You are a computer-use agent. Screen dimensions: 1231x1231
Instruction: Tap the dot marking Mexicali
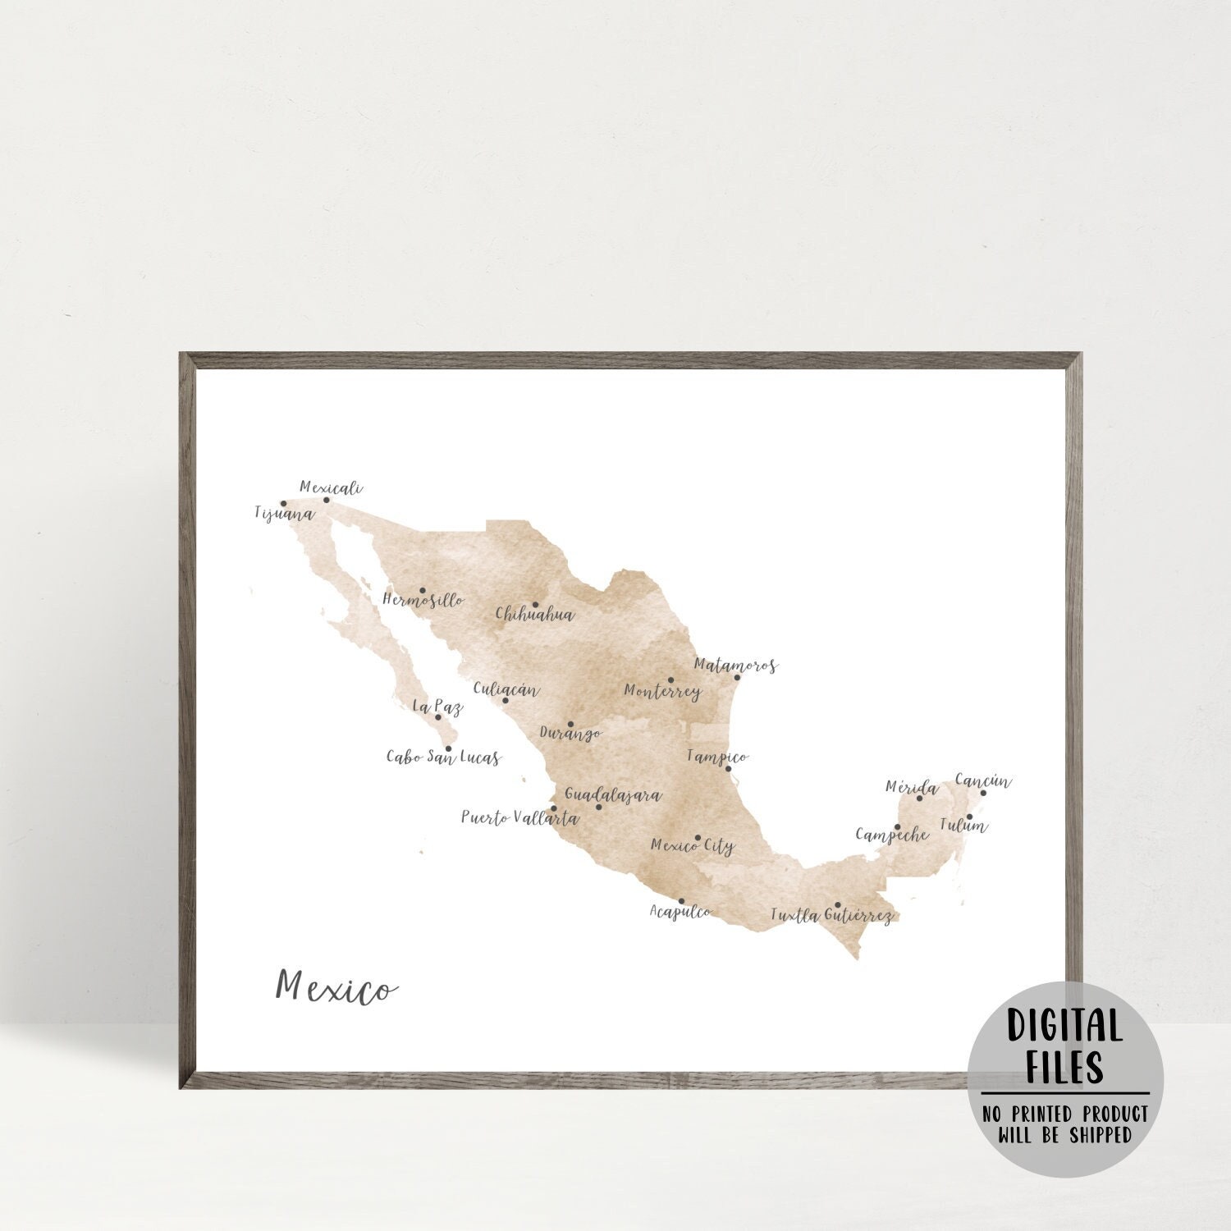[x=326, y=500]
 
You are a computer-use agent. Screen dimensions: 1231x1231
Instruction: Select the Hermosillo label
[x=423, y=600]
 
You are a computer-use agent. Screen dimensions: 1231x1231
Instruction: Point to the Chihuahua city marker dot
[x=535, y=605]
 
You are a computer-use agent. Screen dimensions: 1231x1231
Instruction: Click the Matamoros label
[x=735, y=666]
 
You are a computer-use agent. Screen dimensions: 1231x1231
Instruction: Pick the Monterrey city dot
[x=670, y=680]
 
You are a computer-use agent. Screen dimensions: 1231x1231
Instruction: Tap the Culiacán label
[x=506, y=689]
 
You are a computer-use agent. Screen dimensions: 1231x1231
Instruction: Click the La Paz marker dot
[x=437, y=717]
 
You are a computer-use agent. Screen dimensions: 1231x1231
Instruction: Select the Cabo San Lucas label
[x=443, y=757]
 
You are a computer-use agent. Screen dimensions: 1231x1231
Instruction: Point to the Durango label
[x=570, y=733]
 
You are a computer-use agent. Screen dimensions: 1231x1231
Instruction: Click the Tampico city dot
[x=728, y=769]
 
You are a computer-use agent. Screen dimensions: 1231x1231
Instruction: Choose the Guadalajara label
[x=612, y=796]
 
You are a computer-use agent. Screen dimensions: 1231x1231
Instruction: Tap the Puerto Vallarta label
[x=519, y=818]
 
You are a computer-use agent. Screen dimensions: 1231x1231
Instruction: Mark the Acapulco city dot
[x=681, y=901]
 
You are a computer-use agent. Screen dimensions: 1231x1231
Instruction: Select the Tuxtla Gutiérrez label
[x=831, y=915]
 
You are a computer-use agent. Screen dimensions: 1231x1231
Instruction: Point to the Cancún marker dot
[x=983, y=793]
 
